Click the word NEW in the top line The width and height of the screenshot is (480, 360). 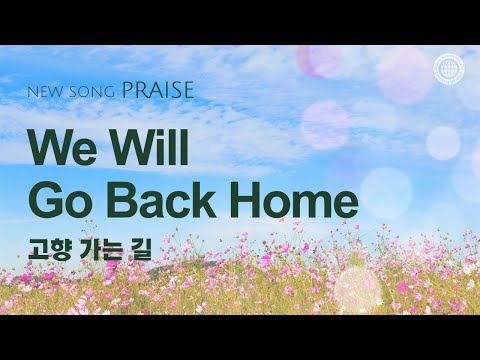pos(44,92)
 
